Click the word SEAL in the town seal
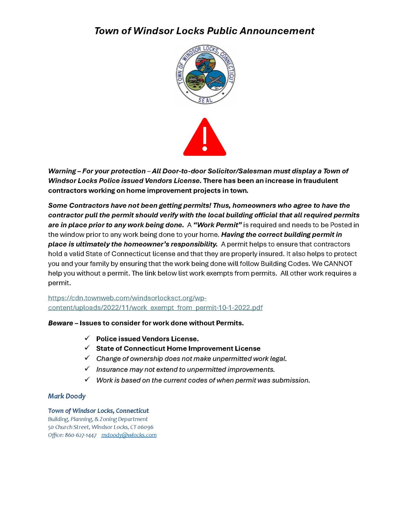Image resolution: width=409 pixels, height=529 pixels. pos(205,100)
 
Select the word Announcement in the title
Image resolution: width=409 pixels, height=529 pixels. pos(277,31)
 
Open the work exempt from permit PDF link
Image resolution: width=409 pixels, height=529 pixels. pos(155,308)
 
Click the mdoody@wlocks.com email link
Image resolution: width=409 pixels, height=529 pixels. pos(129,435)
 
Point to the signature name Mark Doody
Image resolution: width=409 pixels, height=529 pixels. pos(67,396)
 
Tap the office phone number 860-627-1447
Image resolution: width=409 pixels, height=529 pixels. pos(81,435)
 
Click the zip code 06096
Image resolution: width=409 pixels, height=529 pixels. pos(145,427)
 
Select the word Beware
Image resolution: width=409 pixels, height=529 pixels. pos(60,323)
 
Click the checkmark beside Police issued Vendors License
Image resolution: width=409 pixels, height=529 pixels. pos(87,338)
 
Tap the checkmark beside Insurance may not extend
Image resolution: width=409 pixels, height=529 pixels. pos(87,369)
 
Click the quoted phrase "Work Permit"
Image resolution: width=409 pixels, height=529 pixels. pos(218,225)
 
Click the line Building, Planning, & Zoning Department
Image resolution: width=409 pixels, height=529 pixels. pos(98,419)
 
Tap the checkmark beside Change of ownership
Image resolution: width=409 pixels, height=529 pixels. pos(87,358)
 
